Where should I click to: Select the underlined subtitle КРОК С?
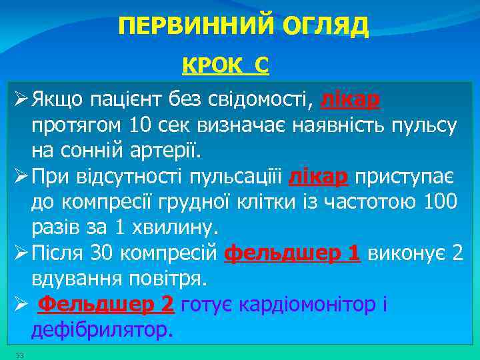(x=225, y=65)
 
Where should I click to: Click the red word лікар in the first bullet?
(x=351, y=100)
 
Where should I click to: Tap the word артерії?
(x=163, y=150)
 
